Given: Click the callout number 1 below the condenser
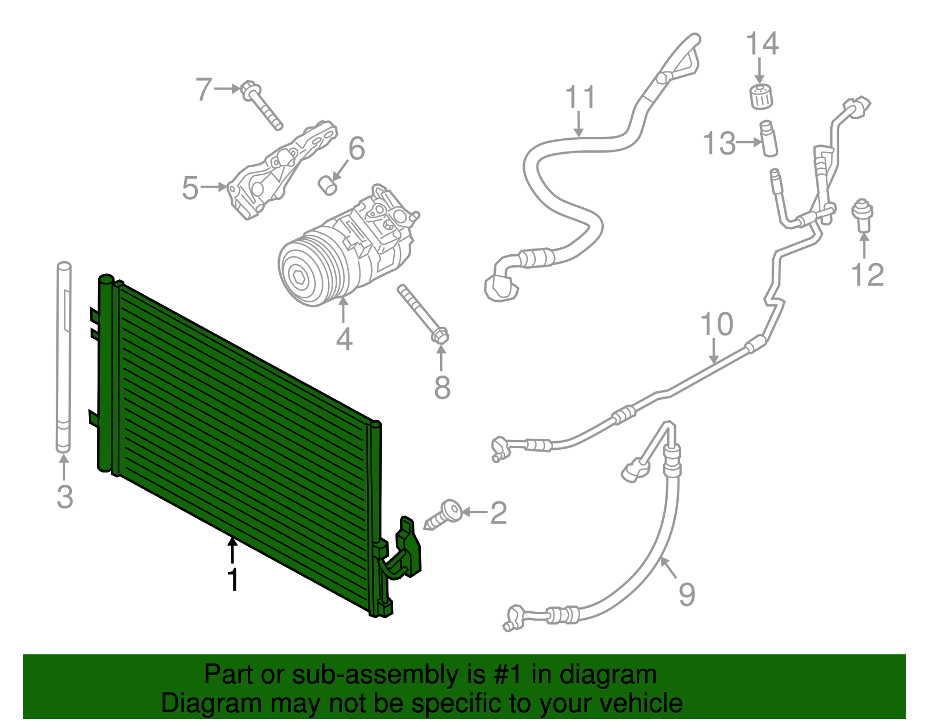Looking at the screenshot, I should (x=233, y=580).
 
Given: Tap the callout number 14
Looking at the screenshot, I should (x=762, y=44).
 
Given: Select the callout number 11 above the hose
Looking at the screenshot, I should (x=580, y=97).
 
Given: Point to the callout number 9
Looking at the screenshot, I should (x=687, y=594).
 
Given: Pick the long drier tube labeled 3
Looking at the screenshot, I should (x=64, y=357).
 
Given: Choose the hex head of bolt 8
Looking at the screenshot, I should (x=440, y=336).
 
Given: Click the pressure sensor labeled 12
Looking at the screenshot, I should (x=863, y=215).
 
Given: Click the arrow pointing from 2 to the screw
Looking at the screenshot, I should (x=475, y=512).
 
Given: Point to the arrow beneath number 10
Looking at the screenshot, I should (x=714, y=352).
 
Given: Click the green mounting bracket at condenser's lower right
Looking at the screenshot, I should (x=407, y=549).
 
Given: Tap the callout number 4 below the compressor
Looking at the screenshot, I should (x=344, y=339).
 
